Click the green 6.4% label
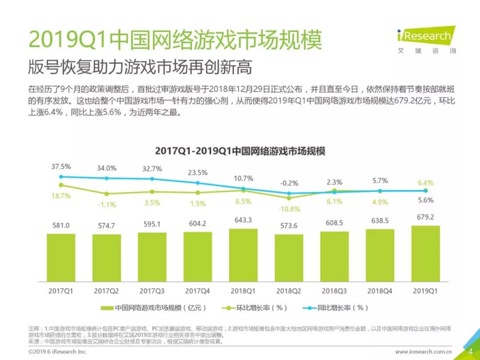pyautogui.click(x=426, y=182)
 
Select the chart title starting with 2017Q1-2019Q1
pyautogui.click(x=240, y=150)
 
